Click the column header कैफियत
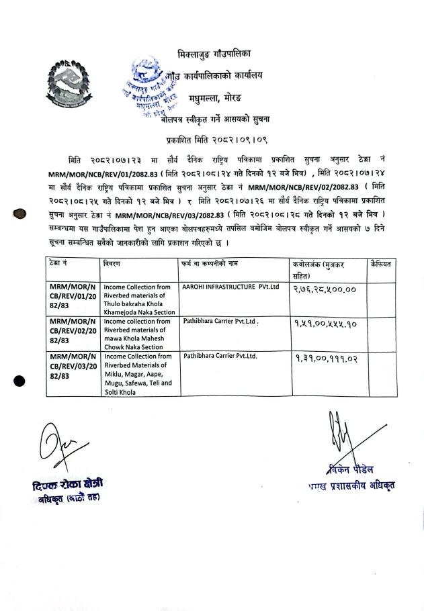pos(381,265)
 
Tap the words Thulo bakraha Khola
pos(134,303)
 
